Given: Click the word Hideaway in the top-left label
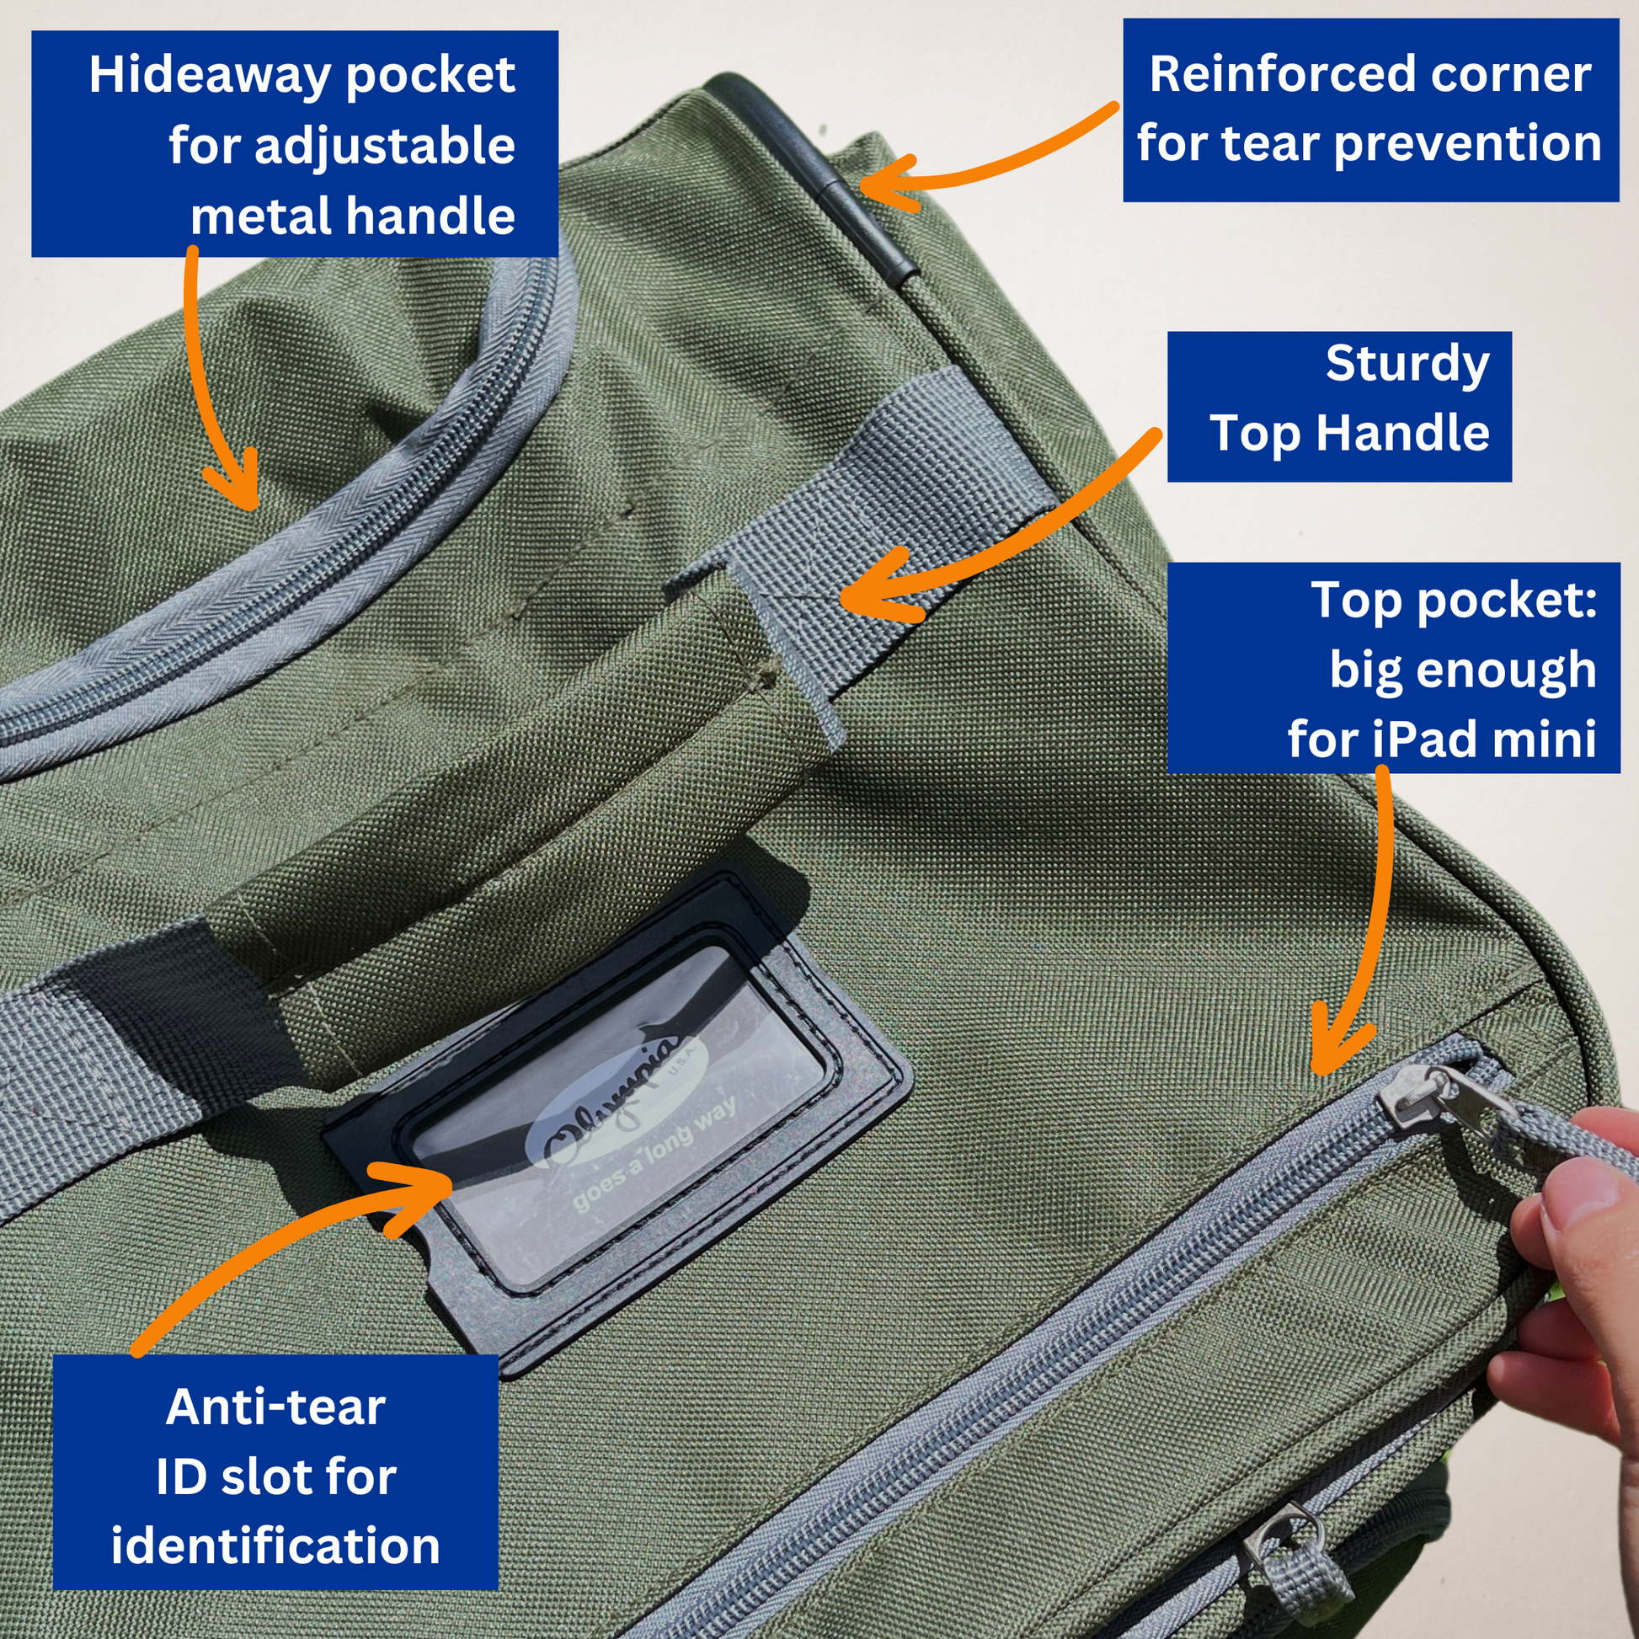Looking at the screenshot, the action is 210,77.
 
